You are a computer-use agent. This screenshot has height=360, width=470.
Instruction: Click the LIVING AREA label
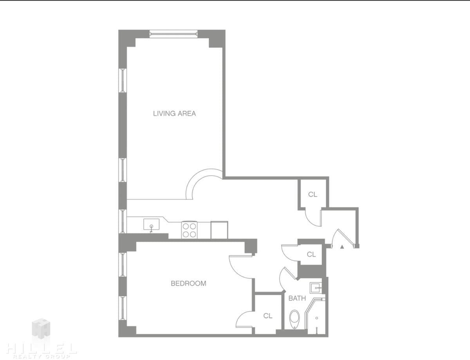coord(174,113)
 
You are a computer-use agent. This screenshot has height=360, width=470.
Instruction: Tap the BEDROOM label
coord(189,283)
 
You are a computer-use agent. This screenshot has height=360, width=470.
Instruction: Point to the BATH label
coord(297,298)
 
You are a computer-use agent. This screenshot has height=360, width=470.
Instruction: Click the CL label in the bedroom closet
coord(268,316)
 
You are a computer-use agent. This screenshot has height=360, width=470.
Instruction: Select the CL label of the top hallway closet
coord(313,194)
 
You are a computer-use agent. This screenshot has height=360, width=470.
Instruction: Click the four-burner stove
coord(189,230)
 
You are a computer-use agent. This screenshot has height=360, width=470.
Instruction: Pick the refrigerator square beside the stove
coord(219,230)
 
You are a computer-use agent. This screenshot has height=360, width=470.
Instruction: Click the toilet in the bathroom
coord(295,319)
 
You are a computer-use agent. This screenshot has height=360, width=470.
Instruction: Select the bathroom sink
coord(316,288)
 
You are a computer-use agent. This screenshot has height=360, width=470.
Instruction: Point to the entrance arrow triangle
coord(342,247)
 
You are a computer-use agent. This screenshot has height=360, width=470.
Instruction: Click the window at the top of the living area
coord(174,34)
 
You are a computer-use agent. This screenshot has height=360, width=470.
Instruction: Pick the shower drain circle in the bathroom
coord(317,318)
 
